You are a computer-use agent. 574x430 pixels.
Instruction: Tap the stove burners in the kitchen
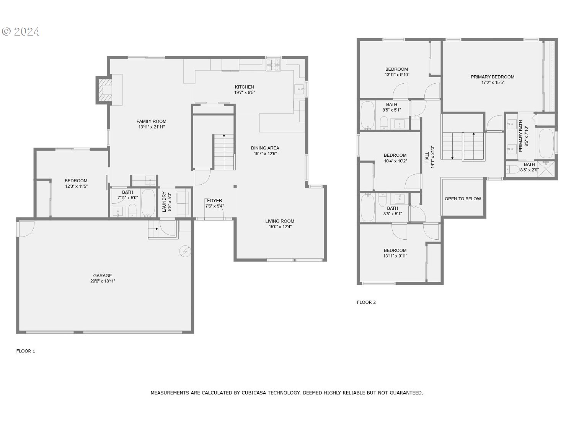pyautogui.click(x=274, y=65)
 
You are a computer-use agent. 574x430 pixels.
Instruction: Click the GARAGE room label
pyautogui.click(x=103, y=276)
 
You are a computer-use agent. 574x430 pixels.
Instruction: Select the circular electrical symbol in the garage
pyautogui.click(x=185, y=251)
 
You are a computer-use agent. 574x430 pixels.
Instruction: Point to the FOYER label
pyautogui.click(x=214, y=200)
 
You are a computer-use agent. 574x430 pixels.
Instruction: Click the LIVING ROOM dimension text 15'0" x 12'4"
pyautogui.click(x=280, y=227)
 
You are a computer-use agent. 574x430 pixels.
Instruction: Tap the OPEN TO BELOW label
pyautogui.click(x=463, y=199)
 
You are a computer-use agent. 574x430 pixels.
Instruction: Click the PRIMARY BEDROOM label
pyautogui.click(x=492, y=77)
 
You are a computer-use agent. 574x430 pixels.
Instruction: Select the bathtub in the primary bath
pyautogui.click(x=546, y=143)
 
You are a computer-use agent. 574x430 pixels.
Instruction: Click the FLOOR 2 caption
pyautogui.click(x=366, y=302)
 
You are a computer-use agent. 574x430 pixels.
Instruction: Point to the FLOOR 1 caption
pyautogui.click(x=26, y=351)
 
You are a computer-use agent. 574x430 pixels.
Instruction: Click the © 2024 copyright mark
pyautogui.click(x=21, y=31)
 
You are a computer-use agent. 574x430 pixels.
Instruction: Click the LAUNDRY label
pyautogui.click(x=164, y=202)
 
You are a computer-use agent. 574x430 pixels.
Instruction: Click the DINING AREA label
pyautogui.click(x=265, y=148)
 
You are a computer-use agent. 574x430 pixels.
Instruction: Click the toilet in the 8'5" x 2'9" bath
pyautogui.click(x=513, y=169)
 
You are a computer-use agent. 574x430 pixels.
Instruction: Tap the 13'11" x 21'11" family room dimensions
pyautogui.click(x=152, y=127)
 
